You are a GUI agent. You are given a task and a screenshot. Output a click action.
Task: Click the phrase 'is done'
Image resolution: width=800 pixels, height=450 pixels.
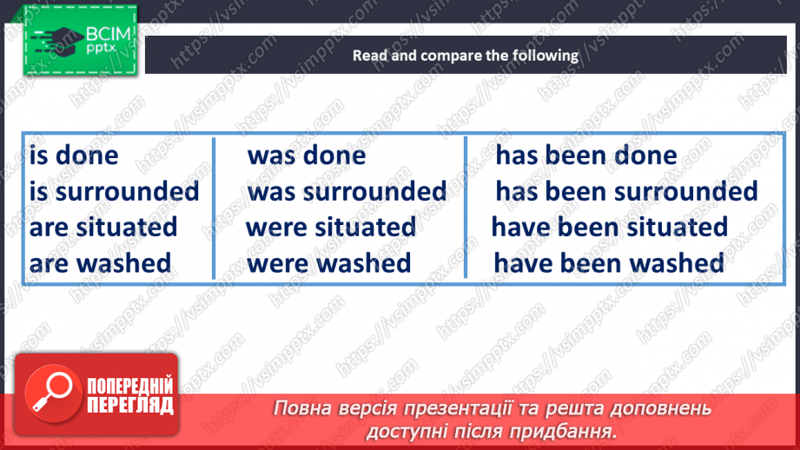pyautogui.click(x=74, y=156)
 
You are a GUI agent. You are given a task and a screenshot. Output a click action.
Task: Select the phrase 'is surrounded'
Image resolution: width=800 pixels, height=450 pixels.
pyautogui.click(x=114, y=191)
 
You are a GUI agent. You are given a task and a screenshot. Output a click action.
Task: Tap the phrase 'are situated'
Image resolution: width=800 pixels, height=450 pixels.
pyautogui.click(x=102, y=228)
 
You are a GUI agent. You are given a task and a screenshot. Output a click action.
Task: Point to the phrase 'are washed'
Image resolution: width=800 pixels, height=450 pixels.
pyautogui.click(x=100, y=262)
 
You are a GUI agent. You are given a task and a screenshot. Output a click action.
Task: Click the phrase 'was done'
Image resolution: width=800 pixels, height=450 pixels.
pyautogui.click(x=307, y=156)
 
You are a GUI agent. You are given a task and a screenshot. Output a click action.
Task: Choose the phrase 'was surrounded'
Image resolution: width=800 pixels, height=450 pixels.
pyautogui.click(x=347, y=191)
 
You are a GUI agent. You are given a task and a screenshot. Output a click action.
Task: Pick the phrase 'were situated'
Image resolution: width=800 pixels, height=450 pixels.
pyautogui.click(x=331, y=228)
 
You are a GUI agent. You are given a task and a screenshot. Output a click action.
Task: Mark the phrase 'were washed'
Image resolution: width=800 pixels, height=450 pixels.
pyautogui.click(x=329, y=262)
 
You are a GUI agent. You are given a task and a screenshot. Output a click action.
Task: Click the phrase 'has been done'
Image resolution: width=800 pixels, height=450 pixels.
pyautogui.click(x=585, y=156)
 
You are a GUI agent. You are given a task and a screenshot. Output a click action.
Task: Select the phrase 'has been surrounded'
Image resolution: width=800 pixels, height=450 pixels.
pyautogui.click(x=626, y=191)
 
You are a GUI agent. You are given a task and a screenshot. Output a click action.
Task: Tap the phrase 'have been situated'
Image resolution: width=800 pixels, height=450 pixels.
pyautogui.click(x=610, y=228)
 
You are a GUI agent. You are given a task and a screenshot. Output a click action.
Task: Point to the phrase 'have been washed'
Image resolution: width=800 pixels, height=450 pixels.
pyautogui.click(x=608, y=262)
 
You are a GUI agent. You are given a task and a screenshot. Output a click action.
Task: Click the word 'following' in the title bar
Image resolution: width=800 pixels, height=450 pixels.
pyautogui.click(x=545, y=56)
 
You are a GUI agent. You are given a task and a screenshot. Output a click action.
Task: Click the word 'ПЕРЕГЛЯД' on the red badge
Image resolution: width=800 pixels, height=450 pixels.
pyautogui.click(x=129, y=404)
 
